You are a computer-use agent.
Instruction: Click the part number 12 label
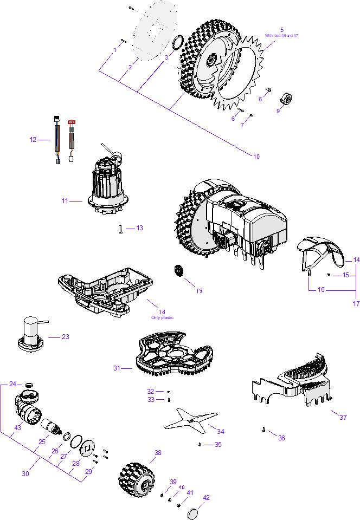33,140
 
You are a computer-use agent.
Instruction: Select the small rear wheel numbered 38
137,479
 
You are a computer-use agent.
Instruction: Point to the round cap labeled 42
194,513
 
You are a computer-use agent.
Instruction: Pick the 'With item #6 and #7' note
281,35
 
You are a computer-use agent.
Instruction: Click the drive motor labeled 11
108,183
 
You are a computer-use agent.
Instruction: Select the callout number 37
343,418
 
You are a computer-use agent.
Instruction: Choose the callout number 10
256,157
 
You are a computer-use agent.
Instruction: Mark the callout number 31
117,368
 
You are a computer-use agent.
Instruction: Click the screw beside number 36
263,430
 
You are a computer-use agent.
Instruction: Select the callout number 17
356,303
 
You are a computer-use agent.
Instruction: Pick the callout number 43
17,428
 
